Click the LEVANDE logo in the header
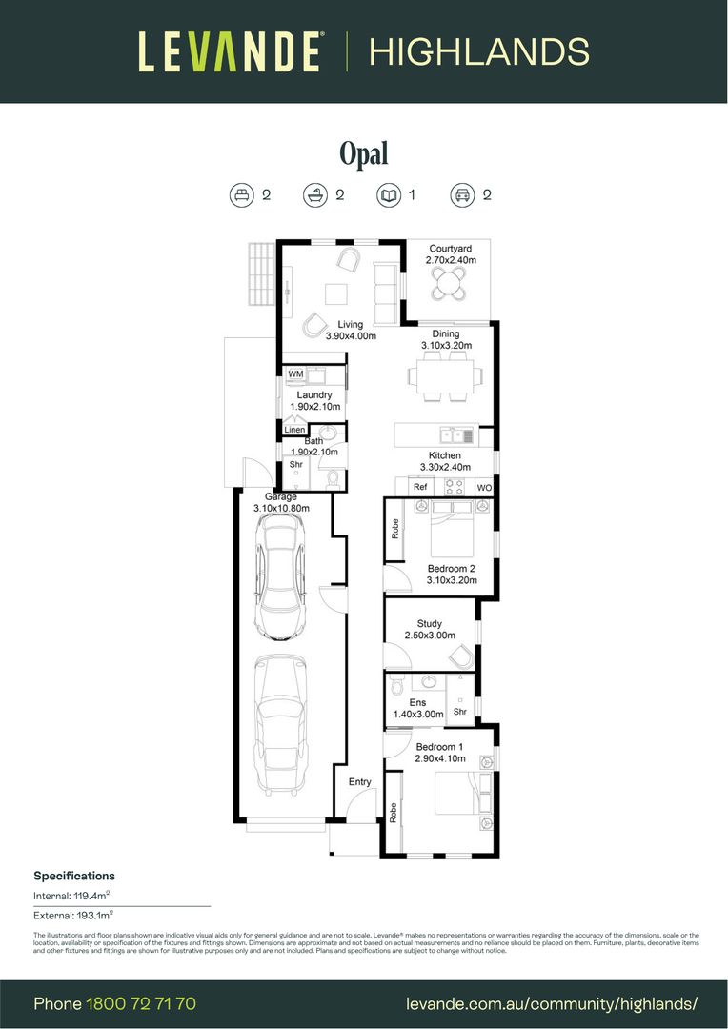click(x=230, y=51)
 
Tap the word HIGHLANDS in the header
click(x=478, y=51)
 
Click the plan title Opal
click(x=364, y=153)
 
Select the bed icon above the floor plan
click(x=242, y=195)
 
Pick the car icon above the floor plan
click(x=462, y=195)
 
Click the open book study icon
click(x=389, y=195)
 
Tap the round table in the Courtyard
click(x=447, y=282)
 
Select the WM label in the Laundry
click(x=295, y=375)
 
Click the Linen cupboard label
click(x=294, y=431)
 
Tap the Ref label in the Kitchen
click(x=420, y=488)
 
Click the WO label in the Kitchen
click(x=484, y=488)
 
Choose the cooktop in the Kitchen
click(x=454, y=487)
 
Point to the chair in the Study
click(x=460, y=656)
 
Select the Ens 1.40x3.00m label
click(x=417, y=708)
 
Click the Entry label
click(x=359, y=782)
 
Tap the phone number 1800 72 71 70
click(x=141, y=1003)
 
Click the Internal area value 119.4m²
click(x=92, y=896)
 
